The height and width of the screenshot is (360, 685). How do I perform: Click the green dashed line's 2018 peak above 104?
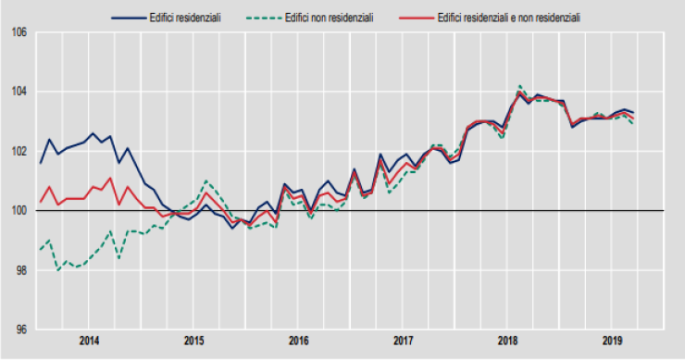point(520,86)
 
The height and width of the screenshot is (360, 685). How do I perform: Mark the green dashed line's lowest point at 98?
point(57,270)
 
